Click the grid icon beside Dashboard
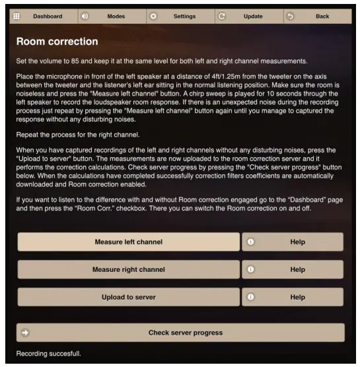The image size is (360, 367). [17, 16]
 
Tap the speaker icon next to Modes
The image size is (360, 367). [85, 16]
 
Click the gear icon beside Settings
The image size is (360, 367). [154, 16]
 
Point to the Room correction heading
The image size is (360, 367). [57, 42]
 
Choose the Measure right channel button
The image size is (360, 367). [128, 269]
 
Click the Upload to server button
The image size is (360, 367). [128, 297]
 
